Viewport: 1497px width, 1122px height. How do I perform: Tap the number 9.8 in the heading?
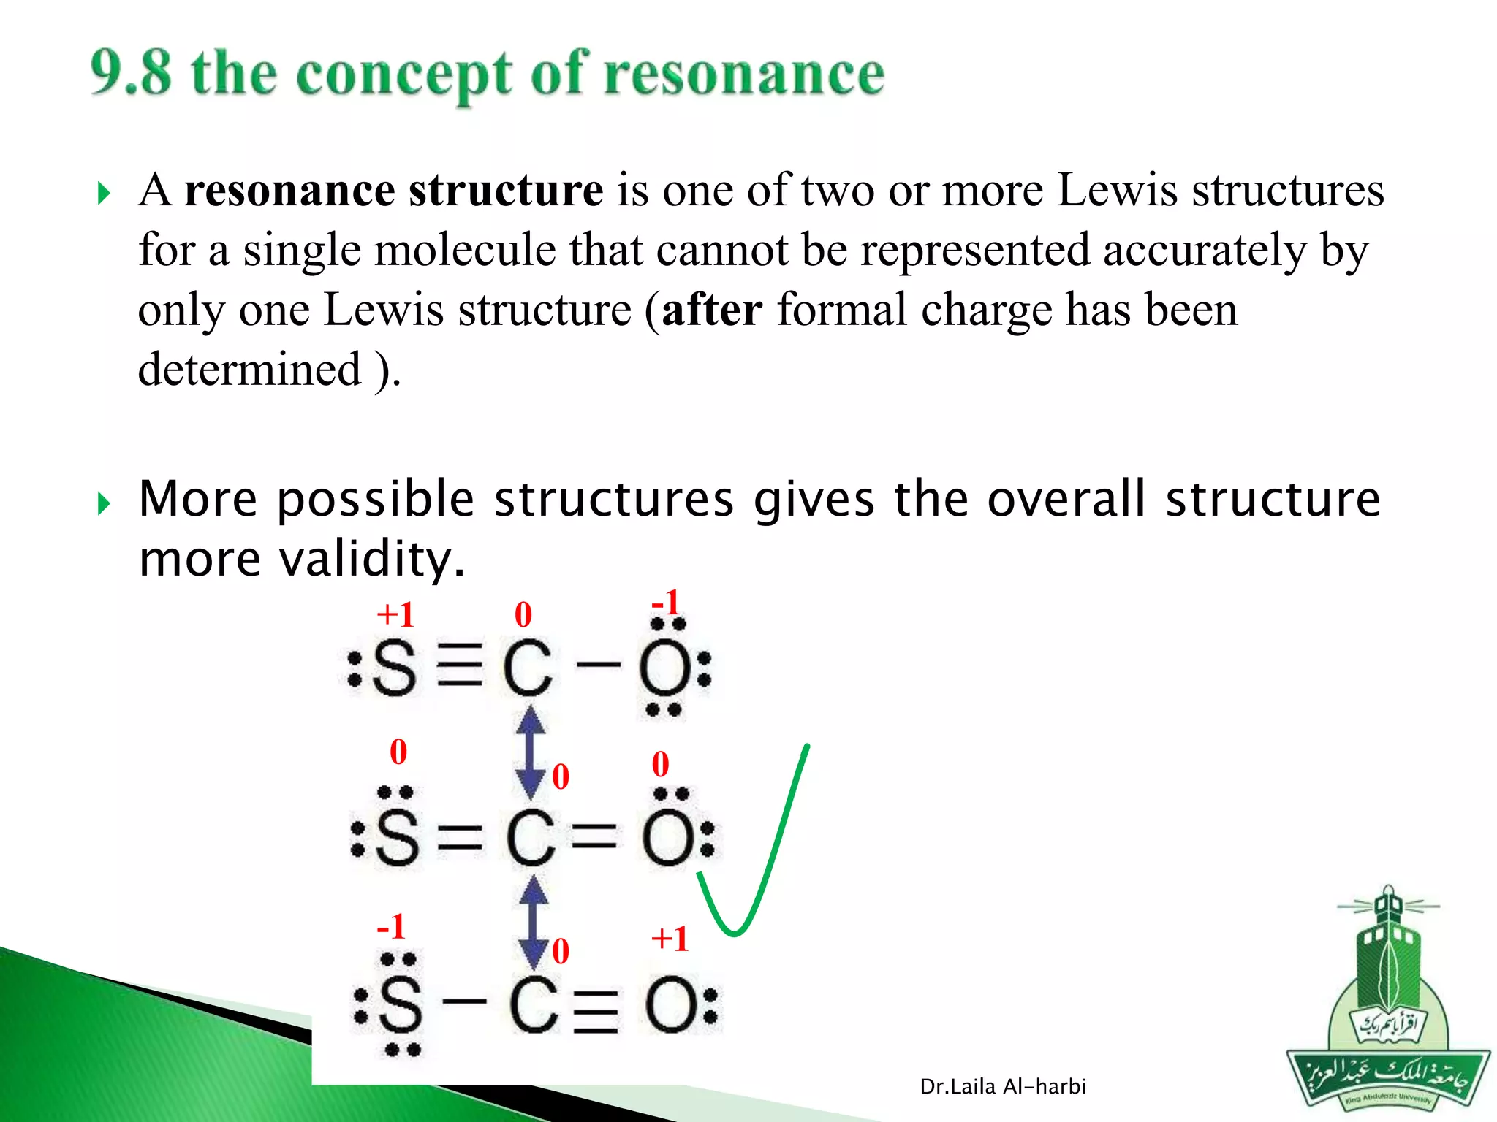[132, 73]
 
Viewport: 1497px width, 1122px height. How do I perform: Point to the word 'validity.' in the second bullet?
[373, 559]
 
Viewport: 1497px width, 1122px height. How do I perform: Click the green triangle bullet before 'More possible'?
[104, 503]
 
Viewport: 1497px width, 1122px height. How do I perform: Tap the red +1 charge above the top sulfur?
[395, 615]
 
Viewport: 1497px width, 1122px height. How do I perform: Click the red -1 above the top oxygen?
[666, 603]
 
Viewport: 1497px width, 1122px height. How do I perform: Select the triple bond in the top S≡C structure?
[460, 665]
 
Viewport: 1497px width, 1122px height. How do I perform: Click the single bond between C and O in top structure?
[598, 665]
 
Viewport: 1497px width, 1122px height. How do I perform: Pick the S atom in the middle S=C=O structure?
[398, 837]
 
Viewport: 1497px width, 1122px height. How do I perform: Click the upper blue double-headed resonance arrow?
[531, 752]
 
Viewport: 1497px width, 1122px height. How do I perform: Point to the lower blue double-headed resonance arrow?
[534, 922]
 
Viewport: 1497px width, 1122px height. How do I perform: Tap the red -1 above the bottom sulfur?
[391, 926]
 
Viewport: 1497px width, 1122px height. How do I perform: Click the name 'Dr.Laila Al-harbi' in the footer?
[1003, 1087]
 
